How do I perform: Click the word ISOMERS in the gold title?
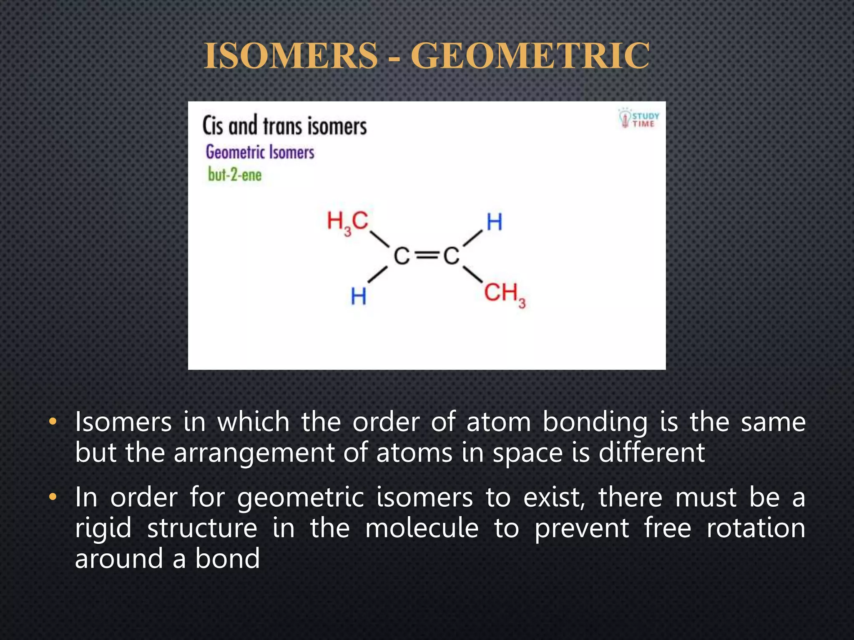click(x=291, y=56)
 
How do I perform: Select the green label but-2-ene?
click(x=235, y=174)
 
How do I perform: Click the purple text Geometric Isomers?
click(x=260, y=152)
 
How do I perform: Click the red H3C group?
click(x=347, y=222)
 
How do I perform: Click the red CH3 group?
click(x=504, y=293)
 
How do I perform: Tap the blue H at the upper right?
click(x=494, y=222)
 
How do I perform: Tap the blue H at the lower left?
click(x=359, y=297)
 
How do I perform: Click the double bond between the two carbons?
click(x=427, y=256)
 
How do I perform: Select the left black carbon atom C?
click(x=402, y=256)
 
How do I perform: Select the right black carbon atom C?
click(x=451, y=256)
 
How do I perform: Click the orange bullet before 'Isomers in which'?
click(x=52, y=422)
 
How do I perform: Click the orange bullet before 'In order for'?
click(x=52, y=497)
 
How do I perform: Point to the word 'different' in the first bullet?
click(x=651, y=452)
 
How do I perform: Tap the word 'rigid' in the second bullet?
click(x=103, y=528)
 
